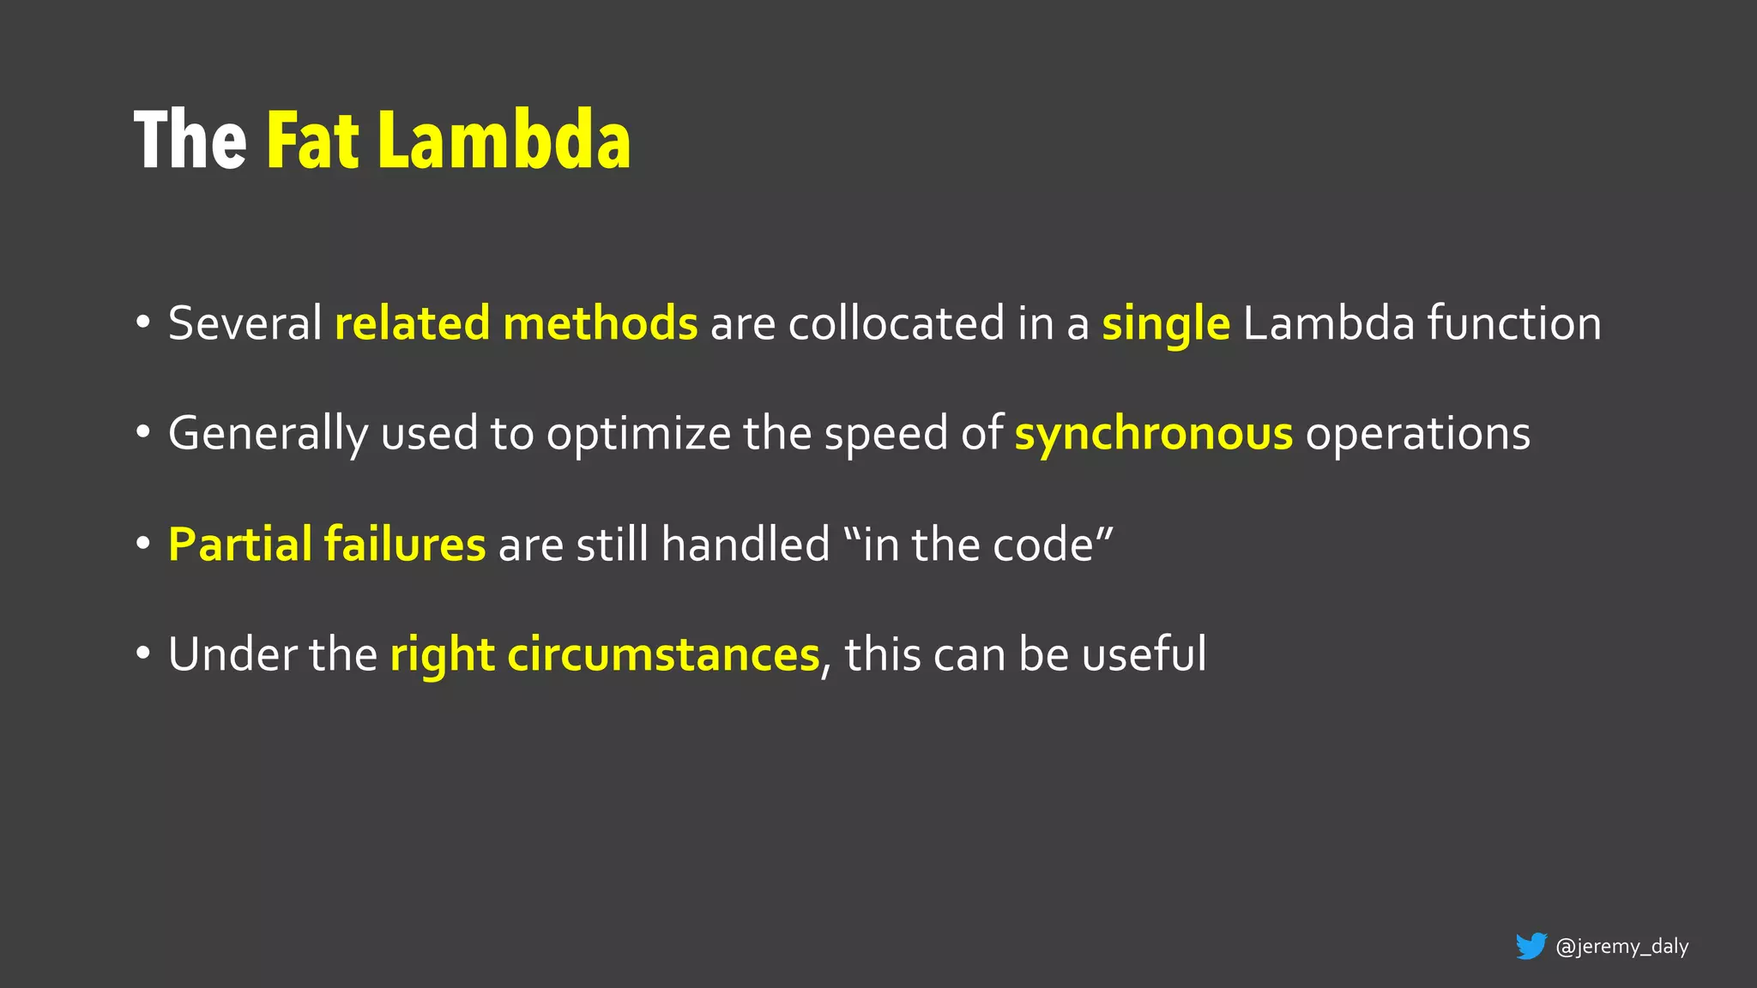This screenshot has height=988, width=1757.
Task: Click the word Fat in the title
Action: pyautogui.click(x=312, y=141)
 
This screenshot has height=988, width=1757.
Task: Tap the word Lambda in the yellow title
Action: pyautogui.click(x=504, y=141)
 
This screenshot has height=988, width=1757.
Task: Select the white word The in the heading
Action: pyautogui.click(x=190, y=141)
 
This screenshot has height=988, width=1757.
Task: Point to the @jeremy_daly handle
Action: pyautogui.click(x=1621, y=946)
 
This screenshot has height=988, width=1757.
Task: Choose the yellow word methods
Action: pyautogui.click(x=601, y=323)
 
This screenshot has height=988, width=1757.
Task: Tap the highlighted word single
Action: pyautogui.click(x=1166, y=325)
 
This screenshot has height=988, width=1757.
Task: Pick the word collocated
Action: pyautogui.click(x=897, y=323)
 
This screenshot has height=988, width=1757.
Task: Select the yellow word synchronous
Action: pyautogui.click(x=1154, y=434)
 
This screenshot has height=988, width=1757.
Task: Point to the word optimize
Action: pyautogui.click(x=639, y=434)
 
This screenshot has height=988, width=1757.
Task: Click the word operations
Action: pyautogui.click(x=1418, y=434)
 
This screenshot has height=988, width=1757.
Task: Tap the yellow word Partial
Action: pyautogui.click(x=240, y=544)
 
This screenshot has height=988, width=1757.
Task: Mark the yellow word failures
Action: pyautogui.click(x=405, y=544)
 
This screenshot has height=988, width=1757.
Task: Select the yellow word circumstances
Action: pyautogui.click(x=664, y=654)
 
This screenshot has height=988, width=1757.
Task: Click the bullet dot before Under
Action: pyautogui.click(x=143, y=654)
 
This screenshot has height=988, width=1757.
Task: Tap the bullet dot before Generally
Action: pyautogui.click(x=143, y=433)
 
